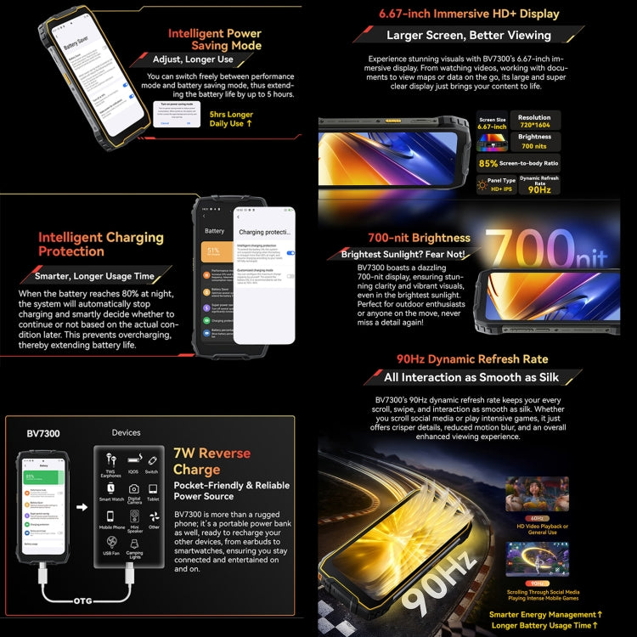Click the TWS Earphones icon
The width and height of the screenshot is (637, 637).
coord(111,459)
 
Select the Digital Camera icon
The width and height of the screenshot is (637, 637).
coord(133,488)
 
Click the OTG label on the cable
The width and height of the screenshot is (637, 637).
coord(82,600)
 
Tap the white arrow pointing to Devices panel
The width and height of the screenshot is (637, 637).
coord(82,508)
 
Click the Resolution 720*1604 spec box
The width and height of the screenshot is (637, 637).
coord(534,121)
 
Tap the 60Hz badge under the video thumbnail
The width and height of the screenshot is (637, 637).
coord(537,517)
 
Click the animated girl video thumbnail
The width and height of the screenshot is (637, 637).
coord(537,494)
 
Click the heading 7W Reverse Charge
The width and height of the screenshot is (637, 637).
coord(211,461)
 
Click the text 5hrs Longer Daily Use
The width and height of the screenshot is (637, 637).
coord(231,119)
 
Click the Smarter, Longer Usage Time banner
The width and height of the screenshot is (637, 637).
coord(95,275)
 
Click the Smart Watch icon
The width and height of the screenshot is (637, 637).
coord(111,488)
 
